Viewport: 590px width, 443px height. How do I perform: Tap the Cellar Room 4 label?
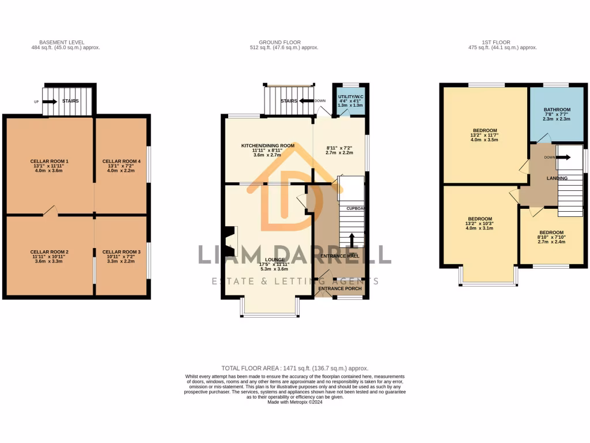pos(122,161)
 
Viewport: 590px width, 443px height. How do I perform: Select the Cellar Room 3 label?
pos(122,252)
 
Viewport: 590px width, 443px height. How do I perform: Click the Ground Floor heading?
pos(278,43)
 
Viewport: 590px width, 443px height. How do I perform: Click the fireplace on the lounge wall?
pos(230,237)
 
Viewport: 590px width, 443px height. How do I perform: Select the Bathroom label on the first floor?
pos(557,110)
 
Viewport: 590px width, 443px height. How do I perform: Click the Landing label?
pos(557,178)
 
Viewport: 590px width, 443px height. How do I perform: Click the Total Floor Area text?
pos(294,368)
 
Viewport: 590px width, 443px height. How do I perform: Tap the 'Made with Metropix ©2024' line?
pos(294,402)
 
